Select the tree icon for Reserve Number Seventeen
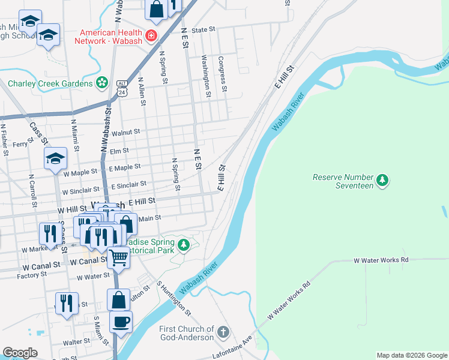381,179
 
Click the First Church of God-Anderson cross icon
223,332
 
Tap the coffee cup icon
121,321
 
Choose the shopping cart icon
119,257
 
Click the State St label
203,29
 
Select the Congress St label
222,74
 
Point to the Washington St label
206,76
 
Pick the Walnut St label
125,131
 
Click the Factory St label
32,274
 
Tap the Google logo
20,353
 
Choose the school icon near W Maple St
55,158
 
